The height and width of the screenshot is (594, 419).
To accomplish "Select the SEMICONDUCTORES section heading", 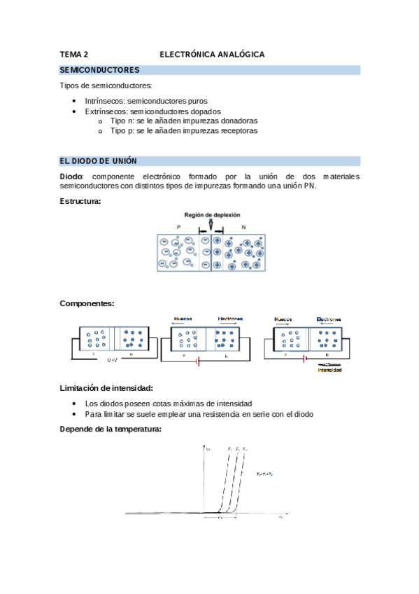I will coord(100,70).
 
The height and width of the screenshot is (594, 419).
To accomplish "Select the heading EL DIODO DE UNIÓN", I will coord(99,160).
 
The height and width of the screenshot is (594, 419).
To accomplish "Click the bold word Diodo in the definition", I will coord(71,177).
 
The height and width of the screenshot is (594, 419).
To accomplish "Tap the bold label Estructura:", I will coord(80,202).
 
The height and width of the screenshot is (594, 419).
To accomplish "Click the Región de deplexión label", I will coord(212,215).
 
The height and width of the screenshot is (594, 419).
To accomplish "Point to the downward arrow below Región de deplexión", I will coord(211,225).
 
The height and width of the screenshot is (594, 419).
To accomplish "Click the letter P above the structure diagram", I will coord(178,228).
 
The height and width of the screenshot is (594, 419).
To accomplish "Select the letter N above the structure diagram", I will coord(243,228).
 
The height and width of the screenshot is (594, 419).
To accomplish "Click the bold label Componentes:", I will coord(87,303).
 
